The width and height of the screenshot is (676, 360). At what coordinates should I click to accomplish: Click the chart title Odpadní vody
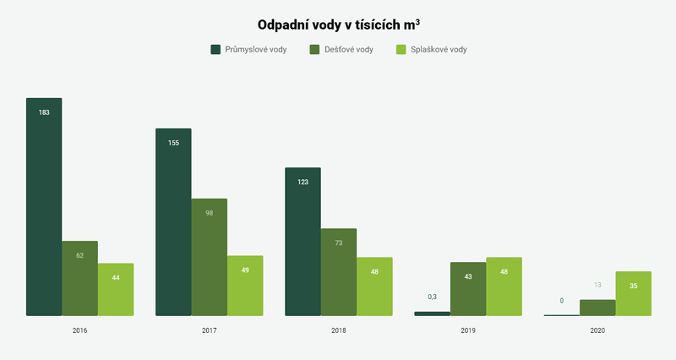tap(338, 25)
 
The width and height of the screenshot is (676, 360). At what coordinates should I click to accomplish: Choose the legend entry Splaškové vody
tap(432, 49)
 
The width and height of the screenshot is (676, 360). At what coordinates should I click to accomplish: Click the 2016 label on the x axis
tap(79, 330)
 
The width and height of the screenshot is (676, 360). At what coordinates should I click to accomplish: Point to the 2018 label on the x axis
tap(339, 330)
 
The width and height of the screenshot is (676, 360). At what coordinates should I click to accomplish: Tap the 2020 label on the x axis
tap(597, 330)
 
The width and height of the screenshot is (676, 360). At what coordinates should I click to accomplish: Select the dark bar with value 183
tap(44, 207)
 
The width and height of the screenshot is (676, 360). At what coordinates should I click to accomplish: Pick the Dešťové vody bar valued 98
tap(210, 257)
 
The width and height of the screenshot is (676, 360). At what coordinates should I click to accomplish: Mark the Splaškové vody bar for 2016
tap(116, 290)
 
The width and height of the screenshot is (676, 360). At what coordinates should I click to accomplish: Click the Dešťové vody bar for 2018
tap(339, 272)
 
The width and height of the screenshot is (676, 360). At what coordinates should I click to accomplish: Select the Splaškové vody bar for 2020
tap(634, 293)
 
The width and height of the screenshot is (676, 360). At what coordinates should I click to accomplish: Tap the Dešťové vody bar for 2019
tap(468, 289)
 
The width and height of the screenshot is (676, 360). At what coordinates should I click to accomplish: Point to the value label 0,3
tap(432, 297)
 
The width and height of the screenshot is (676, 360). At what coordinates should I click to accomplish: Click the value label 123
tap(303, 182)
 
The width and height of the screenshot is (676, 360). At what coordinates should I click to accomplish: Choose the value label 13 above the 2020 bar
tap(597, 285)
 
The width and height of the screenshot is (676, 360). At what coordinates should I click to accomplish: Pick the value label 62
tap(79, 254)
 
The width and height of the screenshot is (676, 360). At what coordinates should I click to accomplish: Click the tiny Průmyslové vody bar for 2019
tap(432, 314)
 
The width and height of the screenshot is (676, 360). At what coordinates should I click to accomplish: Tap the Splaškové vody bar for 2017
tap(246, 286)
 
